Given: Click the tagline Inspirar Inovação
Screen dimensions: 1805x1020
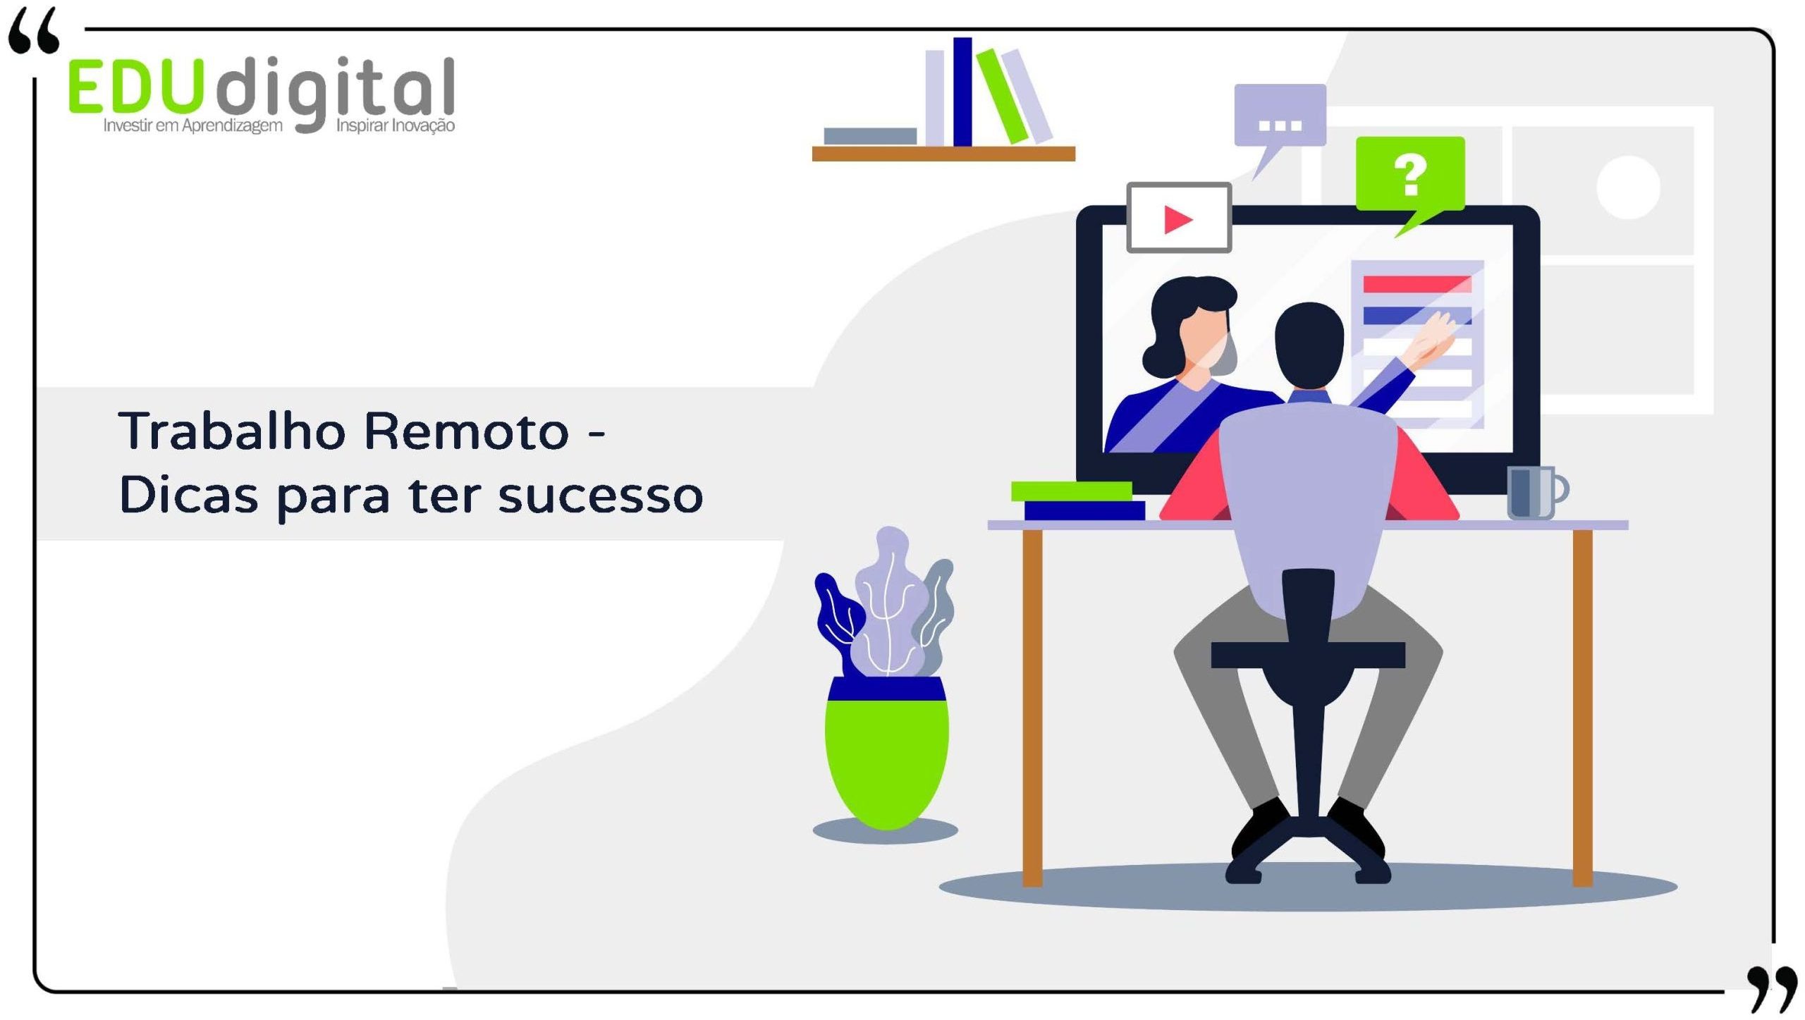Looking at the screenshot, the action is point(396,126).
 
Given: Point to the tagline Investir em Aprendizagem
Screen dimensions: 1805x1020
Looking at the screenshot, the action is point(192,126).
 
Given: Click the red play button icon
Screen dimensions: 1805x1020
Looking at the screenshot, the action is point(1178,219).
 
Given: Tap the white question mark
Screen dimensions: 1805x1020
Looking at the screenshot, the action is point(1410,175).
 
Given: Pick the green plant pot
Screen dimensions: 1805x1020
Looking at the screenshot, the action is point(887,753).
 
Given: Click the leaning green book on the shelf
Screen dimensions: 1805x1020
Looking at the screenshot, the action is point(1002,96).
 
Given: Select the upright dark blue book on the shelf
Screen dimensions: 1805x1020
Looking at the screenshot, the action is point(962,92).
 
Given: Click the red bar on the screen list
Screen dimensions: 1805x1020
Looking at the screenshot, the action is point(1417,284).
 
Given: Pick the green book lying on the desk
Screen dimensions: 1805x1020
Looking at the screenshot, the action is point(1071,491).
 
